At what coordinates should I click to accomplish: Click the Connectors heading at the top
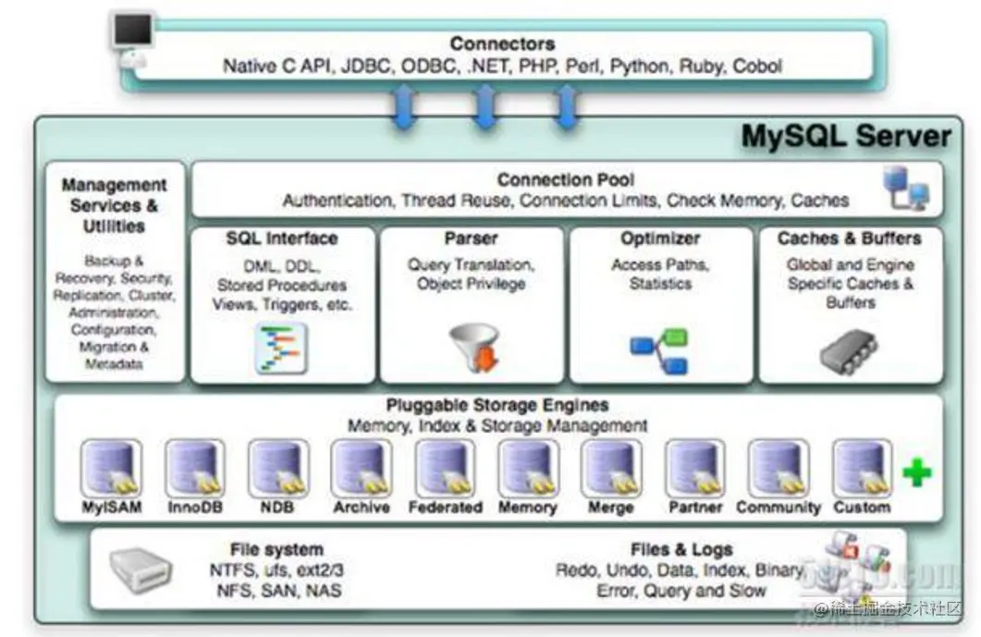(x=502, y=43)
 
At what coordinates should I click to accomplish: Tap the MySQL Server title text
(x=845, y=137)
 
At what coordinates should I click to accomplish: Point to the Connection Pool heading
(x=565, y=179)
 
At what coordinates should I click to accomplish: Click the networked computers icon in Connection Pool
(x=905, y=188)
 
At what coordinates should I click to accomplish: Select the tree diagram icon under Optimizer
(x=659, y=351)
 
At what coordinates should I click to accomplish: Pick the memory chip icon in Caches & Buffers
(x=850, y=352)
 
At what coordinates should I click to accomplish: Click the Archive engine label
(x=362, y=508)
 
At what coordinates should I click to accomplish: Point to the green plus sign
(x=916, y=473)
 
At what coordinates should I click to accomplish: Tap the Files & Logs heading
(x=681, y=550)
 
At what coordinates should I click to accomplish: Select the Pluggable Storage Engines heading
(x=497, y=405)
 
